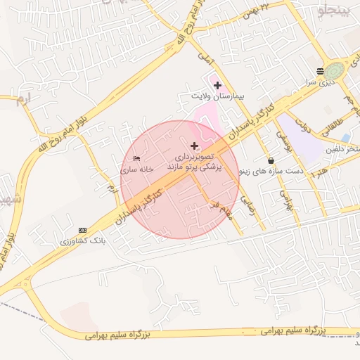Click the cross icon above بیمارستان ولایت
217,84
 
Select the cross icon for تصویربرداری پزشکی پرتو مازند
194,146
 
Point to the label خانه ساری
136,169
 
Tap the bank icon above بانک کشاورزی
83,230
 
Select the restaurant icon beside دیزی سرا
321,71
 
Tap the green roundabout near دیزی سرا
335,70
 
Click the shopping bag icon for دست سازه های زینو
271,161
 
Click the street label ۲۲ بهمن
255,11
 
